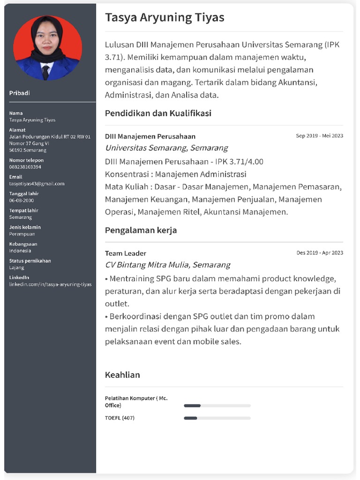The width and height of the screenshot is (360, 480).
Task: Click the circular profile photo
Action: point(47,47)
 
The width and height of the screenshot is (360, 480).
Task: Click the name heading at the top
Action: point(165,18)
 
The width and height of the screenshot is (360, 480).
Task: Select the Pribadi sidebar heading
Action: point(19,93)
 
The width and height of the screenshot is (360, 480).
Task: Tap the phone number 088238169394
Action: point(25,167)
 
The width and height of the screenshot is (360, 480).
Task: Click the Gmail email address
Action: point(37,184)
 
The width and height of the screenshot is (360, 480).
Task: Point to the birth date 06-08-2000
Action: point(22,201)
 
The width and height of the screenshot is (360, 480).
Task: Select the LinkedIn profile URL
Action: point(50,285)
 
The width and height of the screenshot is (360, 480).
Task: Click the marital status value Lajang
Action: point(16,268)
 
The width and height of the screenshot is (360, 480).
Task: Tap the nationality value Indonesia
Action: point(20,251)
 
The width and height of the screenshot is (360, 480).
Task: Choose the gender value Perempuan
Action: point(22,234)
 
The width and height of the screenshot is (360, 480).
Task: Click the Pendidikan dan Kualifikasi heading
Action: point(158,113)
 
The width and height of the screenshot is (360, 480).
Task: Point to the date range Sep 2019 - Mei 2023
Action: point(319,136)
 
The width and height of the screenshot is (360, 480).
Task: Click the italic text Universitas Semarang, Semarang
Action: point(166,148)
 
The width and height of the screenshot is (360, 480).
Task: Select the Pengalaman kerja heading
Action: point(141,230)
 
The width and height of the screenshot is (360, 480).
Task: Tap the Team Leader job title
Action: point(126,253)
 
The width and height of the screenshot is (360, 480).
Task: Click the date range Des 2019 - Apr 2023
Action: point(320,253)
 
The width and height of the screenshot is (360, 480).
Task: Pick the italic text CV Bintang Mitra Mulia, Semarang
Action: point(167,265)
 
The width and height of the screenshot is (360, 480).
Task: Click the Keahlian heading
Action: point(122,375)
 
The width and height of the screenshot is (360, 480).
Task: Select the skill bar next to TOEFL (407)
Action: point(217,418)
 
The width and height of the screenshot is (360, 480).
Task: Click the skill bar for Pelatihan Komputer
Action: point(217,405)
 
